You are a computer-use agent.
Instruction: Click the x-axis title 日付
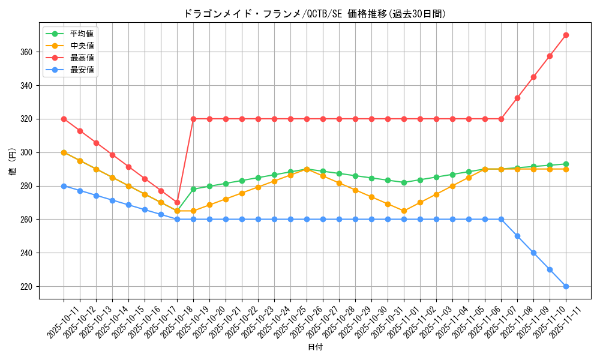point(314,347)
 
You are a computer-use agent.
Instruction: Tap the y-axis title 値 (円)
point(13,162)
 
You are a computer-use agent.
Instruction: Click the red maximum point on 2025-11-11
point(566,35)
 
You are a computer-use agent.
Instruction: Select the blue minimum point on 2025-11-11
point(566,286)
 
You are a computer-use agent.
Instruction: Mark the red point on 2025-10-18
point(177,203)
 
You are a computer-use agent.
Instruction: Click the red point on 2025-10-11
point(64,119)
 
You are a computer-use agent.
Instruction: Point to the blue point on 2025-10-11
point(64,186)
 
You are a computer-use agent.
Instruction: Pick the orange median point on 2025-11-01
point(404,211)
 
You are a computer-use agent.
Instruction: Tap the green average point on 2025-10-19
point(193,189)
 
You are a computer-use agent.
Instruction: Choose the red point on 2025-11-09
point(550,56)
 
